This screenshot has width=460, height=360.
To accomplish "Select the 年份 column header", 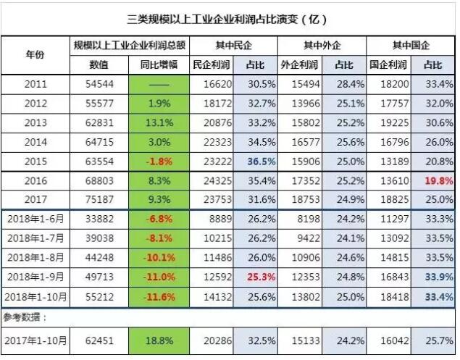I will click(35, 54).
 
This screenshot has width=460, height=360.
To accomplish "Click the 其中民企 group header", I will click(233, 45).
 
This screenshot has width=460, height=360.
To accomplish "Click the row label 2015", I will click(35, 160).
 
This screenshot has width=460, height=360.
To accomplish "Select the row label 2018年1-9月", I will click(35, 277).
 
